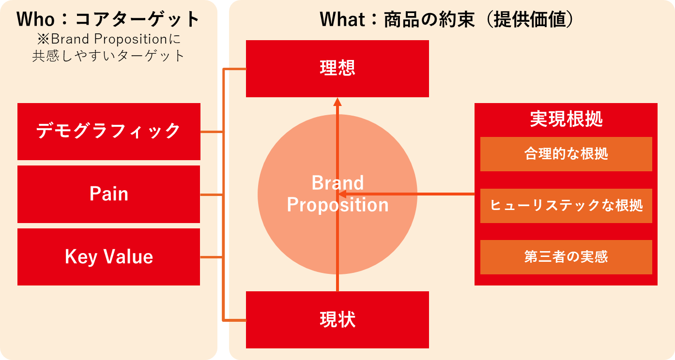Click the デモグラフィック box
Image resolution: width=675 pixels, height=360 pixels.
[109, 132]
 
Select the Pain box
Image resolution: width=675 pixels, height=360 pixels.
[109, 194]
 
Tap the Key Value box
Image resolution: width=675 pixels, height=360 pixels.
[109, 257]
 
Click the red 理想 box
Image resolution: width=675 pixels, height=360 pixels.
[337, 69]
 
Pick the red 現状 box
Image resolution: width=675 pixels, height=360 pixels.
[337, 320]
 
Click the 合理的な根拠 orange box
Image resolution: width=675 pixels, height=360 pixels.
[566, 154]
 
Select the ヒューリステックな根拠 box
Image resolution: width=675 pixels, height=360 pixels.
[566, 206]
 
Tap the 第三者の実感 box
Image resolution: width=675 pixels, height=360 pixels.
[566, 257]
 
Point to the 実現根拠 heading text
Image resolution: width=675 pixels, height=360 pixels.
[566, 119]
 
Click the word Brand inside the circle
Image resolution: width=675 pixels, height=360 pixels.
[337, 183]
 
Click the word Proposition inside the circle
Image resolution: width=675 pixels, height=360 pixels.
[337, 205]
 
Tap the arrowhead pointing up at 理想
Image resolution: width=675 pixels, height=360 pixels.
[337, 102]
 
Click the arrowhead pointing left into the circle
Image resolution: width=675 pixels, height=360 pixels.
[342, 194]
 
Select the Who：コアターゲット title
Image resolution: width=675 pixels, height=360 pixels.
[108, 19]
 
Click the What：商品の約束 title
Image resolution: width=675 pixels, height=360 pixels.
[397, 19]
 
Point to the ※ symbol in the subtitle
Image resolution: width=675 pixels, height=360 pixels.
[44, 39]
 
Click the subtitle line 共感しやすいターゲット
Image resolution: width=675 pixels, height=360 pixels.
[108, 56]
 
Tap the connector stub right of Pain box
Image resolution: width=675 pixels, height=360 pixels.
[212, 195]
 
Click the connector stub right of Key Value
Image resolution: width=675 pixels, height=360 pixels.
[212, 257]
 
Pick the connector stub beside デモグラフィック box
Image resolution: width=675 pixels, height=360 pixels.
[212, 132]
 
